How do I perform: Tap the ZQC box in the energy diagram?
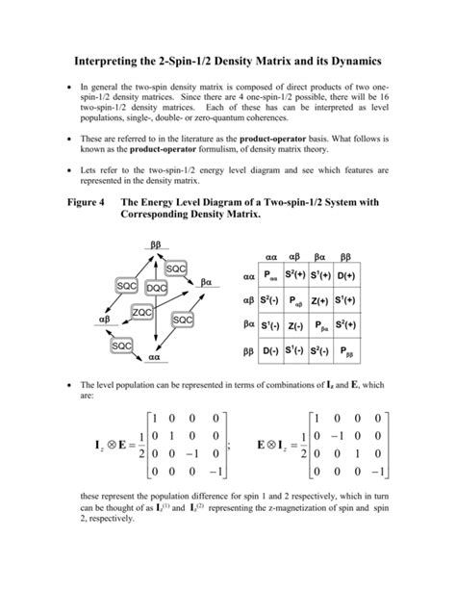[142, 313]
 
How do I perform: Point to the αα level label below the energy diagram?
[153, 357]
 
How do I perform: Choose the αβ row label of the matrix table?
[247, 300]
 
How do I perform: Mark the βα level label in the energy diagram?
[206, 283]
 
